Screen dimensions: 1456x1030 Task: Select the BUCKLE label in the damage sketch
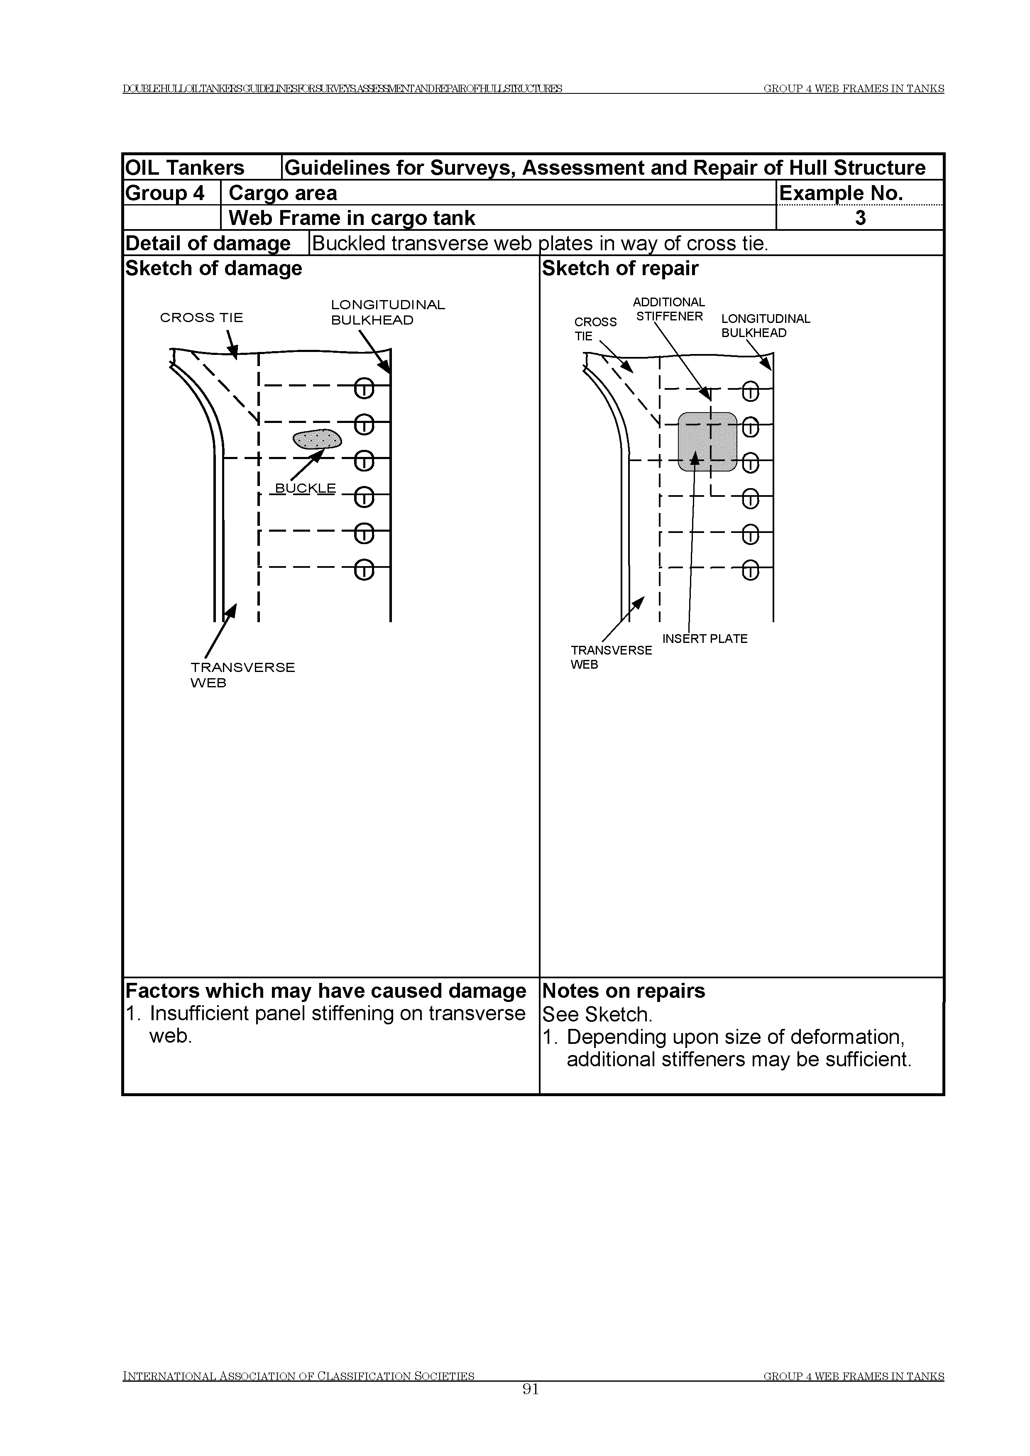click(305, 488)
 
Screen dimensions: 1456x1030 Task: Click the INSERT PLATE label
click(705, 639)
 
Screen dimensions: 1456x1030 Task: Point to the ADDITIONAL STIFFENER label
click(669, 310)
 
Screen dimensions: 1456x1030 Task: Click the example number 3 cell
click(860, 218)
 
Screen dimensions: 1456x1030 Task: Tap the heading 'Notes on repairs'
click(624, 991)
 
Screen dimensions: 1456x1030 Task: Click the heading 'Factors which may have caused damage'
click(325, 991)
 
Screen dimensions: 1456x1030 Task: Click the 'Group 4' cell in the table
click(165, 193)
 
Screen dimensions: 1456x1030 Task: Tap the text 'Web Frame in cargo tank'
click(351, 218)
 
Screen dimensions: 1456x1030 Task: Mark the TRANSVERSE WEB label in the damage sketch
click(242, 675)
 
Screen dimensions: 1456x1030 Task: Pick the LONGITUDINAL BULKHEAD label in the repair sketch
click(766, 326)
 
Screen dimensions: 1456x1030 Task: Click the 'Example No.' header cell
click(841, 193)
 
